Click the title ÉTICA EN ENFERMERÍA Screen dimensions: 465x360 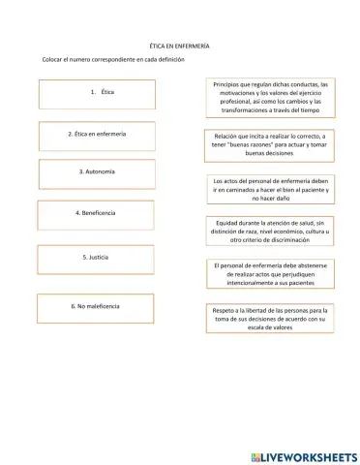click(180, 46)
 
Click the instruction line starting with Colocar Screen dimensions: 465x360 click(112, 60)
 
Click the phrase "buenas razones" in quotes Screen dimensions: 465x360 click(264, 144)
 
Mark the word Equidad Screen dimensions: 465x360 click(230, 224)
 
